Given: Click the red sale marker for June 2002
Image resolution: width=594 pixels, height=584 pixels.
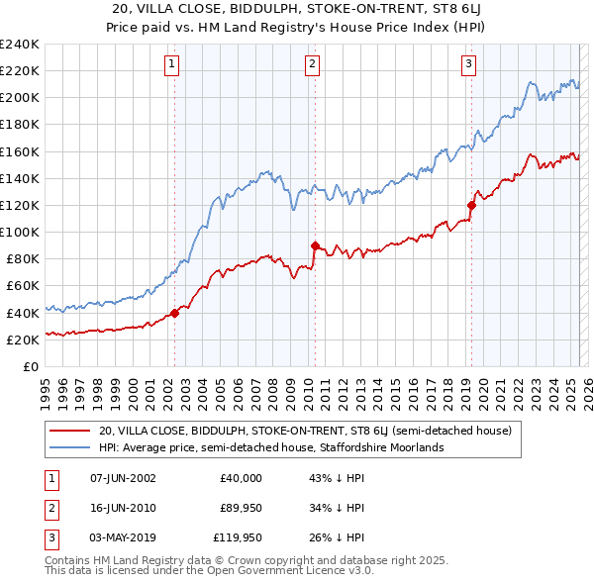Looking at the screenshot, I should (174, 313).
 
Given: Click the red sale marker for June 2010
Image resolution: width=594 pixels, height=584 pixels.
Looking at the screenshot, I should (315, 245).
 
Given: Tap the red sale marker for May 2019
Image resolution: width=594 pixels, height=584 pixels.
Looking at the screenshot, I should (471, 206).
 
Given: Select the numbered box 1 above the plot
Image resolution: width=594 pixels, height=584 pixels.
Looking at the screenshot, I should (171, 64).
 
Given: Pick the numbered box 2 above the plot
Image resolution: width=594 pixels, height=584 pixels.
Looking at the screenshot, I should (312, 64).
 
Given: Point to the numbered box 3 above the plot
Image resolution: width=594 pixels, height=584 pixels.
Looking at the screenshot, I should (467, 64).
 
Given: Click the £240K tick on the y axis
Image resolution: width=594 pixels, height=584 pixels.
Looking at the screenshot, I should (20, 45).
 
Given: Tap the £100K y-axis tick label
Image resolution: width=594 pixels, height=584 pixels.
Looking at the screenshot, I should (20, 232).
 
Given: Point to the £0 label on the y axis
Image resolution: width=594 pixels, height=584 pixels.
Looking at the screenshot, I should (30, 366).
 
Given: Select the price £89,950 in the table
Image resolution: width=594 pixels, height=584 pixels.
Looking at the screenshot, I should (240, 508).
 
